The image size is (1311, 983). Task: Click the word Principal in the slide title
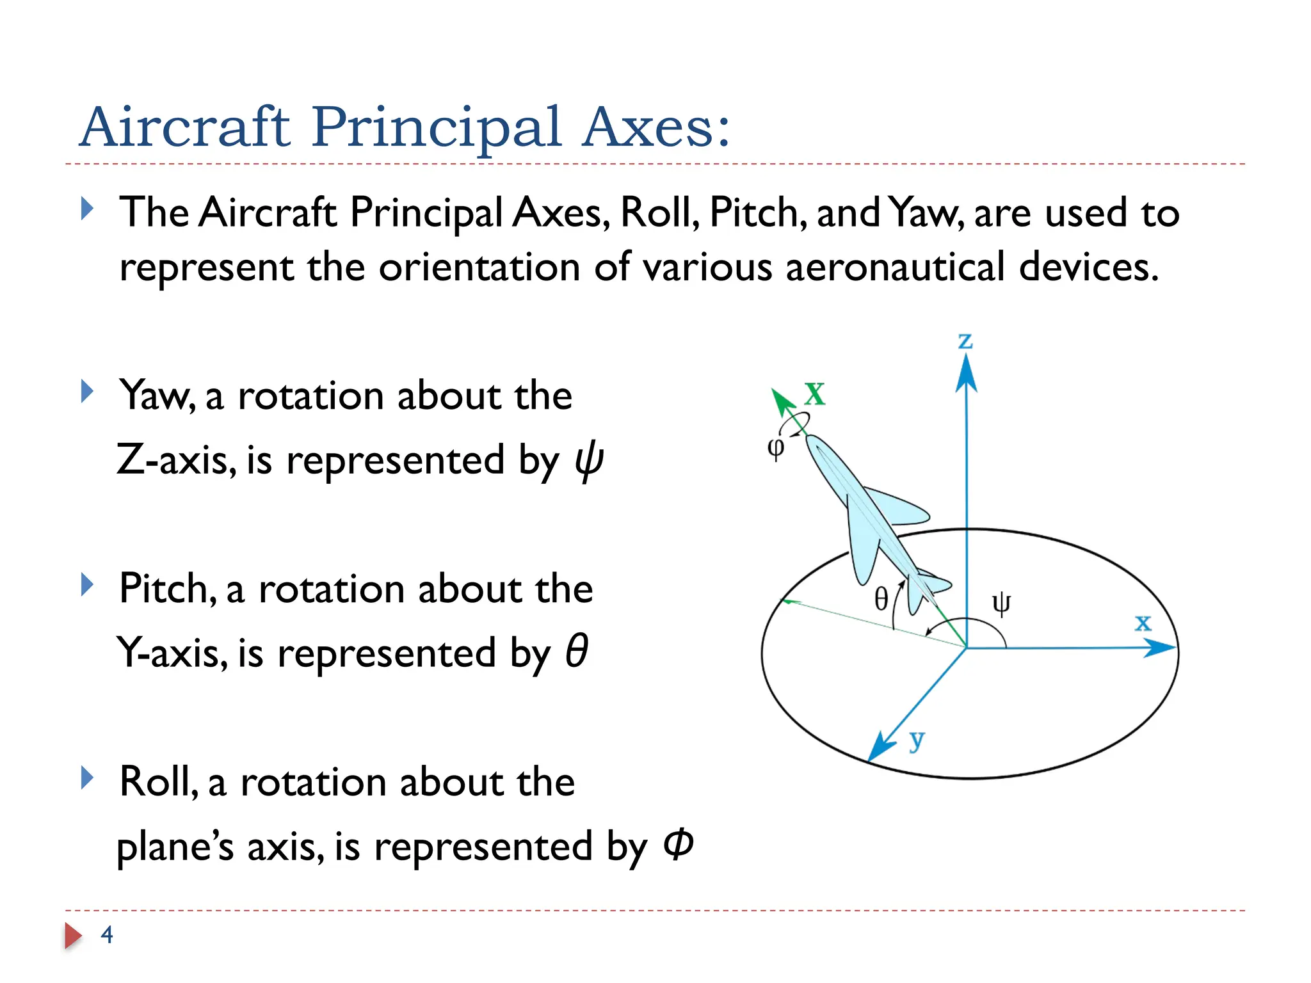point(437,128)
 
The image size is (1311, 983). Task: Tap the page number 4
point(107,934)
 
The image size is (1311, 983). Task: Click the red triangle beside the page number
point(73,936)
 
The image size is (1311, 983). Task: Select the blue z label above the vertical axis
point(965,341)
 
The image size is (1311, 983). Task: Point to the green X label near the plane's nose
point(815,394)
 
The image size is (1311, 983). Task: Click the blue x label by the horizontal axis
point(1143,622)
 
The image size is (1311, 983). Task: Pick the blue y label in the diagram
point(917,740)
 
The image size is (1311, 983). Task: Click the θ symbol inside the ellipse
point(881,600)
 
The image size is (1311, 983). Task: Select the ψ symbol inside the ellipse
point(1001,603)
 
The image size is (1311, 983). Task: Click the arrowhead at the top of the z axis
point(966,374)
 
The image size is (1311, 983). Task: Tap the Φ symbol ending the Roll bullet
point(679,845)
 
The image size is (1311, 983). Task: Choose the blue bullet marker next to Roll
point(88,778)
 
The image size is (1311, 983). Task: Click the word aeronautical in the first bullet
point(895,268)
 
